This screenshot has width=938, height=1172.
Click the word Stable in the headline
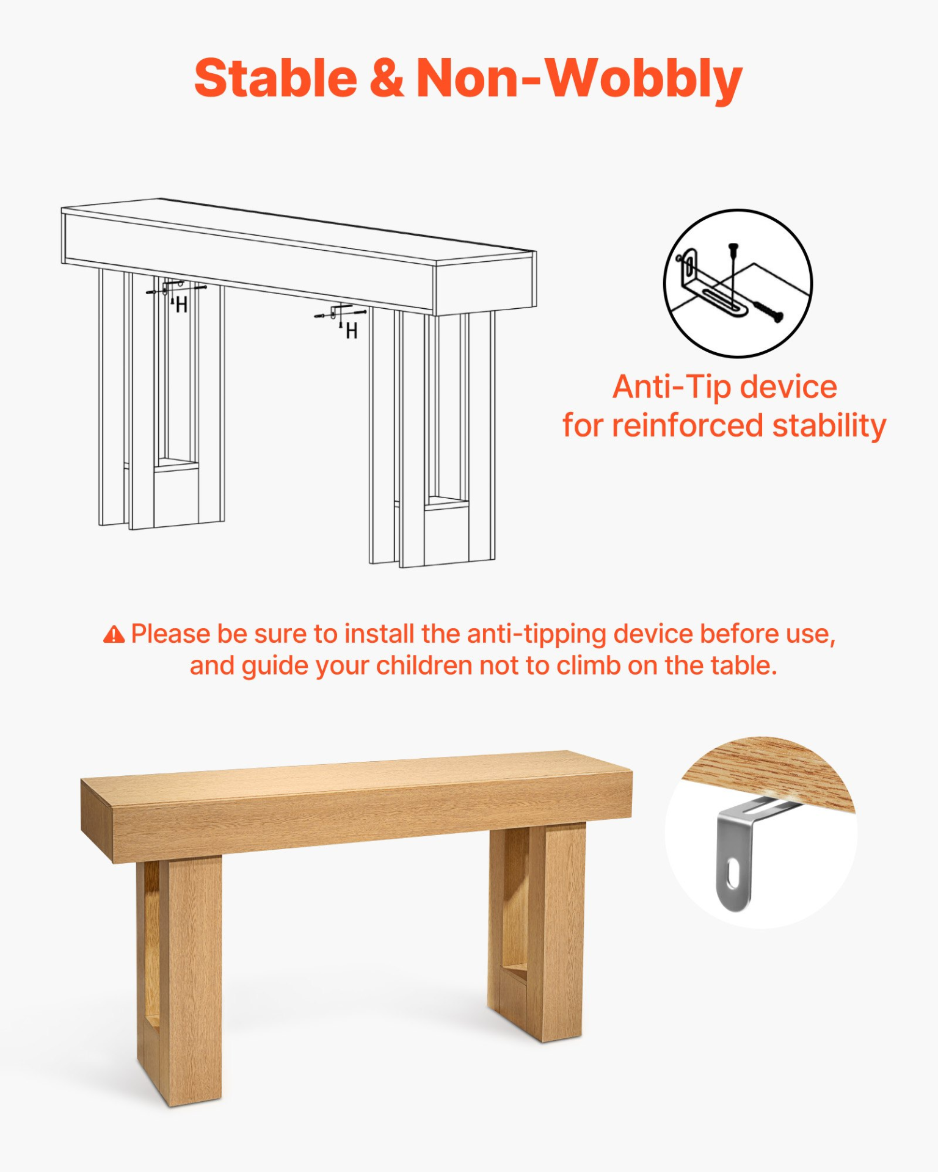275,78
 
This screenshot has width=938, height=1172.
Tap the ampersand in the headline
387,78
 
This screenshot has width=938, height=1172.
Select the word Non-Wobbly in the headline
579,79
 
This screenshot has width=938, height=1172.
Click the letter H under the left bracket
181,305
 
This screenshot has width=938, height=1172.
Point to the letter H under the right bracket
351,331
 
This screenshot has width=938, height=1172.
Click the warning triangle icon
114,635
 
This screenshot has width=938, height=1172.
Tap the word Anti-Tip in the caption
671,387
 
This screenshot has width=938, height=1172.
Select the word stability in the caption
829,425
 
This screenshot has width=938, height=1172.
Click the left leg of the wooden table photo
179,981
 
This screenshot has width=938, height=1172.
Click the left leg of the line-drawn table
161,400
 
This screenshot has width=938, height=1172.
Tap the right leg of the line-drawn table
432,436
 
